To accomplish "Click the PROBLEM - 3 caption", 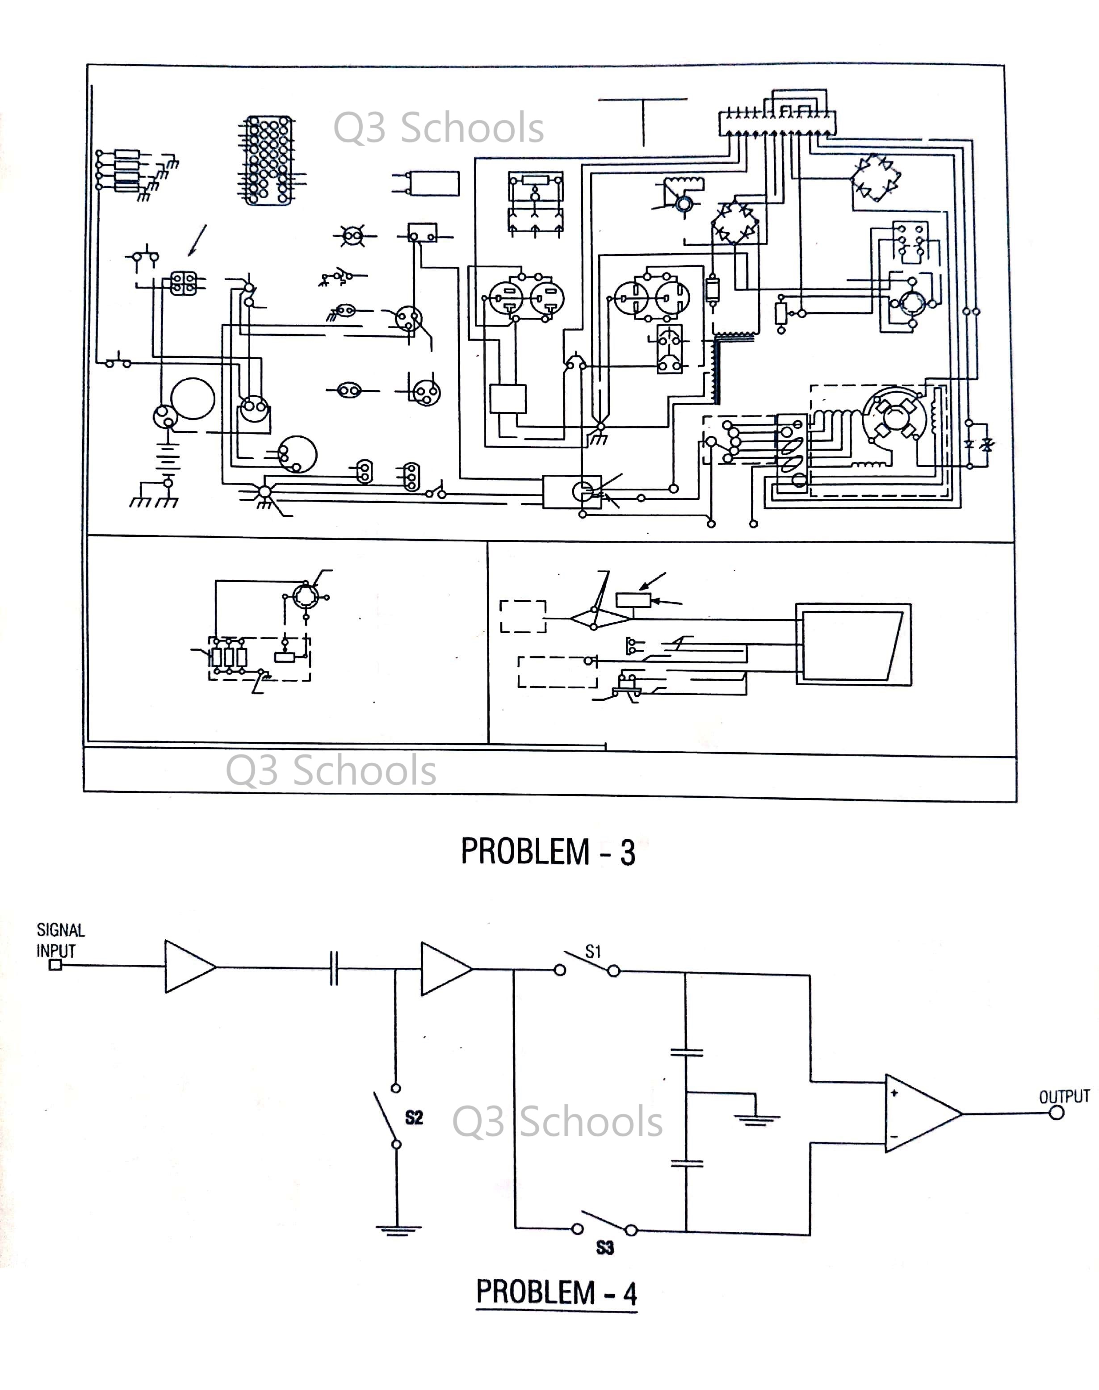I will click(548, 852).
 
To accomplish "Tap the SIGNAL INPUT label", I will click(60, 940).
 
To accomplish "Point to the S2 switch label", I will click(414, 1117).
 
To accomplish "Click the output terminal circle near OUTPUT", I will click(1057, 1113).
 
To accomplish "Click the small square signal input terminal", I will click(55, 965).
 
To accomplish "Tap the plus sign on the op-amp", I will click(894, 1093).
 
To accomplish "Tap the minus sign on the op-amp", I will click(894, 1137).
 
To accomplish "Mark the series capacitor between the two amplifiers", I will click(333, 968).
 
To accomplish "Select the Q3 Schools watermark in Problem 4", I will click(557, 1121).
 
